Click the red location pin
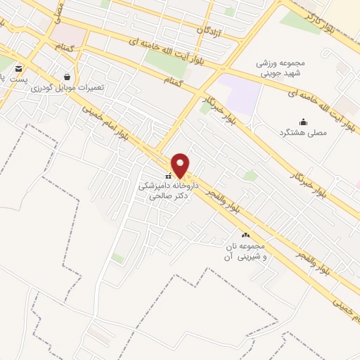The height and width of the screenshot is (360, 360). tap(180, 165)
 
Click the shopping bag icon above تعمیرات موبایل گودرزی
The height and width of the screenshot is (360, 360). tap(67, 77)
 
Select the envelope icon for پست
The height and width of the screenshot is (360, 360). tap(18, 69)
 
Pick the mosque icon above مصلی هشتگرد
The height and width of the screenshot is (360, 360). tap(303, 122)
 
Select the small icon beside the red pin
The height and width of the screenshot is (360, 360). tap(167, 175)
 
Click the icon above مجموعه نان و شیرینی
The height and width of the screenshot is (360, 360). tap(245, 235)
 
